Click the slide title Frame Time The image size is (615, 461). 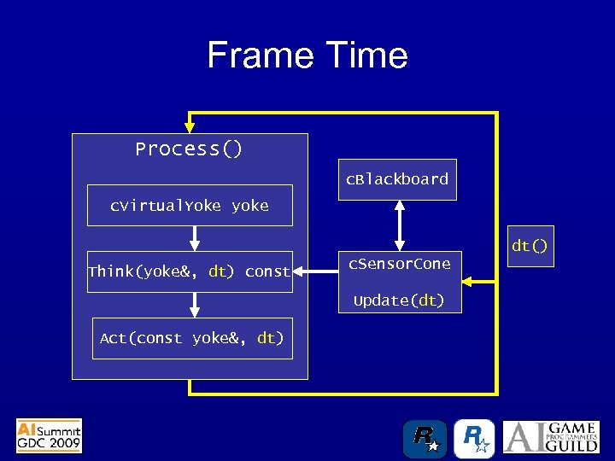(307, 55)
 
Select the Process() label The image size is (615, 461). (189, 149)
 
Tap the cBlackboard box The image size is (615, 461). (396, 179)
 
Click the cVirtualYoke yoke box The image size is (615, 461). (189, 206)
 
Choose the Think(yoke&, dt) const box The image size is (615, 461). (189, 271)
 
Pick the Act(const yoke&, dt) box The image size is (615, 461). (191, 338)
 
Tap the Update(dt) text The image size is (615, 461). (399, 301)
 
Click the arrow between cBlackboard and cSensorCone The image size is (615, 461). (399, 225)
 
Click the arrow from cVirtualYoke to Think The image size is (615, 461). (194, 238)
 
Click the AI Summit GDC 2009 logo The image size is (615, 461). (50, 435)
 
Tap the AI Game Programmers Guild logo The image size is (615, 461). (550, 437)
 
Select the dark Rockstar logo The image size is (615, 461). (425, 439)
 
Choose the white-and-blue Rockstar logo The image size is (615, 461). (474, 439)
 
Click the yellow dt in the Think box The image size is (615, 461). (218, 271)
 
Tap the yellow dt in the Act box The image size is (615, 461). (266, 338)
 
